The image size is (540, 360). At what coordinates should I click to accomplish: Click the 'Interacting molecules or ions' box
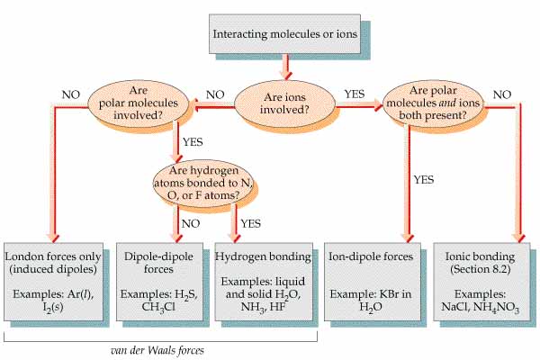tap(284, 34)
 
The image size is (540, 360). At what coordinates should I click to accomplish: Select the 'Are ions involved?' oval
tap(284, 103)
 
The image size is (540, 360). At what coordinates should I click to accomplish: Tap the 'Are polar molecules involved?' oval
tap(139, 103)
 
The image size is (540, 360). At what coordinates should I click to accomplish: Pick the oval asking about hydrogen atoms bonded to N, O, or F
tap(203, 183)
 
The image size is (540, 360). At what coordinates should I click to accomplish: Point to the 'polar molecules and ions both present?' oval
tap(433, 103)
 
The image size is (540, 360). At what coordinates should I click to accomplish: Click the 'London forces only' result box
tap(53, 282)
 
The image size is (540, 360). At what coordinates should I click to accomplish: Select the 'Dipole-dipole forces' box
tap(159, 282)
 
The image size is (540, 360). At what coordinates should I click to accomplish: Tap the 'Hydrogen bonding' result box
tap(264, 282)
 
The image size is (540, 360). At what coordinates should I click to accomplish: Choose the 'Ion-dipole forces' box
tap(373, 282)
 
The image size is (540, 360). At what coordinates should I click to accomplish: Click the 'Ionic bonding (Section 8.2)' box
tap(481, 282)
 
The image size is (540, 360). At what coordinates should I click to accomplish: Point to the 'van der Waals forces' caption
tap(157, 350)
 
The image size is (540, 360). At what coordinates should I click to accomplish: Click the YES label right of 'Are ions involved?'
tap(355, 94)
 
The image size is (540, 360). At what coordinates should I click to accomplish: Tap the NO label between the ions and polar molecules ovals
tap(215, 94)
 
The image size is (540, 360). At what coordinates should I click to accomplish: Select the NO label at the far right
tap(502, 94)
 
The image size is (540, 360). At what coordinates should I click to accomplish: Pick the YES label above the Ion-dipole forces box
tap(424, 179)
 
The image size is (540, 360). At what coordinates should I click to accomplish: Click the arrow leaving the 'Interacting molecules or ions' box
tap(285, 66)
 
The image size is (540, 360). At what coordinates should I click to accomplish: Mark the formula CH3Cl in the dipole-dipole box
tap(158, 307)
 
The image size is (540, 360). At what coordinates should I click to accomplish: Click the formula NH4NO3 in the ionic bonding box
tap(496, 307)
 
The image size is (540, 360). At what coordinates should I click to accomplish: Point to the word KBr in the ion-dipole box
tap(390, 294)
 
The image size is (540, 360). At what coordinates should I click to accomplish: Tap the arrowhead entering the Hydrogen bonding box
tap(235, 238)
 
